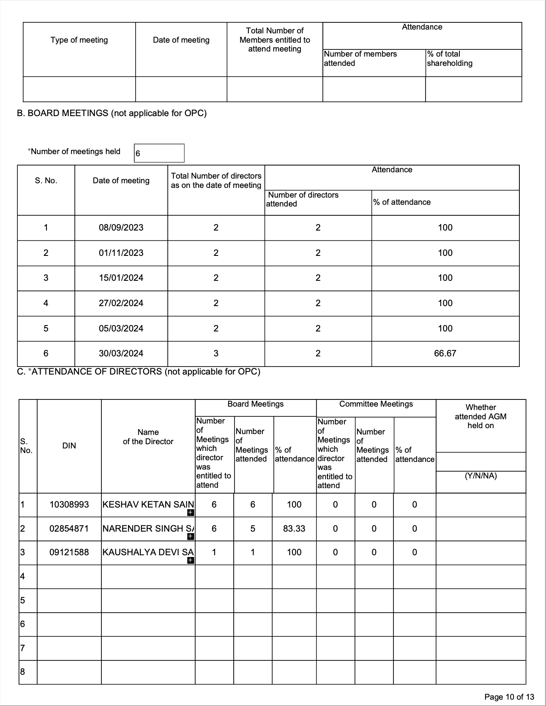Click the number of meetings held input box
point(159,153)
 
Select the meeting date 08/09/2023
point(121,228)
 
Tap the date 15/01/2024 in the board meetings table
point(121,278)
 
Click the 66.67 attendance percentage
point(445,353)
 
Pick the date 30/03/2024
point(121,353)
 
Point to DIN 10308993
point(69,505)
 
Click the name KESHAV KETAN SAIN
point(148,505)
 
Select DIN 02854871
point(69,529)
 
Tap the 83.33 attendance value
point(294,529)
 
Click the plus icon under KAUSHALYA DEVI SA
point(191,560)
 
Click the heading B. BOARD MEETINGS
point(112,113)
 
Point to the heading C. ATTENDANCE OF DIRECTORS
point(139,372)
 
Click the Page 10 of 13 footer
point(509,697)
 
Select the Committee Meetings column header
point(376,404)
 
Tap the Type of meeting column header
point(79,40)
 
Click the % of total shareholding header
point(450,59)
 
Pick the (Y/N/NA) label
point(480,476)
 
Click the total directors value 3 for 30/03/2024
point(216,353)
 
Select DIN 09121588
point(69,552)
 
